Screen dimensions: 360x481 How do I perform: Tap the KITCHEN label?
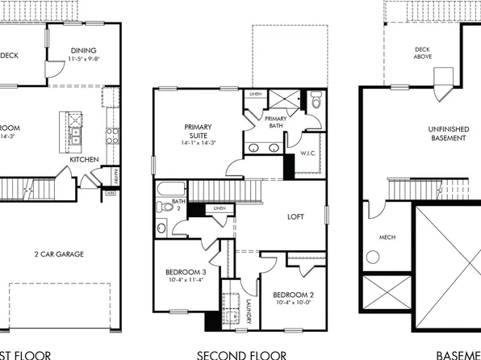coord(83,160)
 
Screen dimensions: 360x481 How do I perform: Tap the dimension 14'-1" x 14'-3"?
coord(197,143)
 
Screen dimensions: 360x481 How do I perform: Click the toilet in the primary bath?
coord(316,103)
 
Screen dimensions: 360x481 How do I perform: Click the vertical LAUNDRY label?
coord(249,312)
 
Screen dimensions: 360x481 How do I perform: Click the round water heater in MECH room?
coord(373,257)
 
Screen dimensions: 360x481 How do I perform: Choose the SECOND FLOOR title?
coord(241,354)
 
